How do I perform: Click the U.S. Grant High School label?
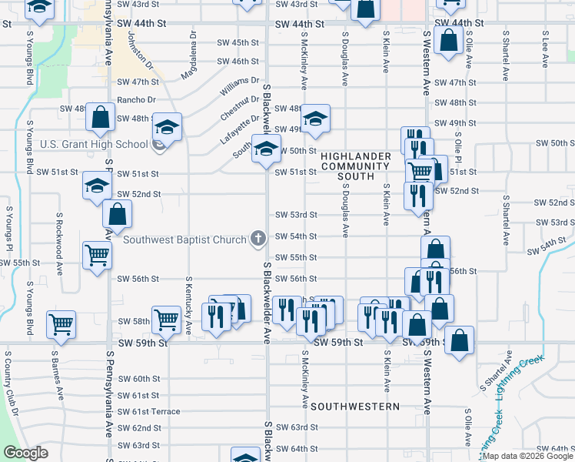[x=94, y=144]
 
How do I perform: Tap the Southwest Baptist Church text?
[x=184, y=238]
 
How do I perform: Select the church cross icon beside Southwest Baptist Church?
[x=258, y=238]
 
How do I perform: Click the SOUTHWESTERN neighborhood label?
[x=356, y=406]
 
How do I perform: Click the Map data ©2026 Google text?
[x=527, y=456]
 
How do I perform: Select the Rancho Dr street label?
[x=136, y=100]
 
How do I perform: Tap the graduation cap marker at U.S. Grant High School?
[x=166, y=126]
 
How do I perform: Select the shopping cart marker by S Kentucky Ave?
[x=166, y=318]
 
